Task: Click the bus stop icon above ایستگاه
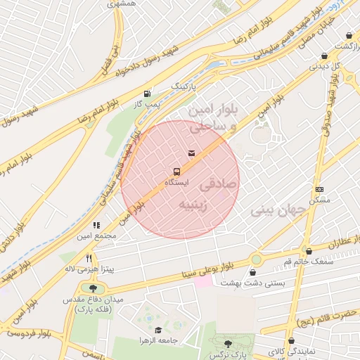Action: tap(176, 171)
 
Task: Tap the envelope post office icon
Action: tap(191, 153)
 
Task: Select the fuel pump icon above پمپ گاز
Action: tap(147, 94)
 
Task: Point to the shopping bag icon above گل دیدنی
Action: tap(324, 56)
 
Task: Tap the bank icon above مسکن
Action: tap(319, 189)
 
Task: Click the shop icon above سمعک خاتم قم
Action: tap(309, 251)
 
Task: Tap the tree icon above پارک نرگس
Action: tap(227, 343)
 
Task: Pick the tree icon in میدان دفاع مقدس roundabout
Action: tap(92, 288)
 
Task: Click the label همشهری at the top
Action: tap(122, 4)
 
